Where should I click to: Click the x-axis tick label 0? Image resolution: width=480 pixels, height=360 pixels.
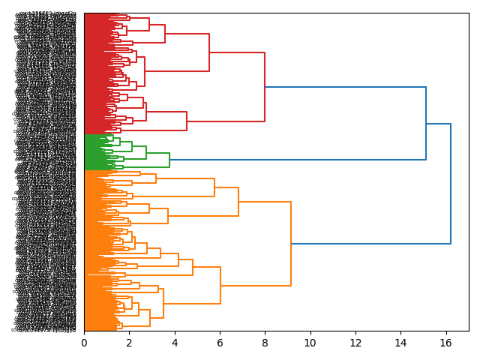click(84, 343)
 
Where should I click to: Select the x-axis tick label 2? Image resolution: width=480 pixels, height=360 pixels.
click(129, 343)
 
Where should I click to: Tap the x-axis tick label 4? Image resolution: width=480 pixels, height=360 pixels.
click(175, 343)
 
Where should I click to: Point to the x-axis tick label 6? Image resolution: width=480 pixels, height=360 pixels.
click(220, 343)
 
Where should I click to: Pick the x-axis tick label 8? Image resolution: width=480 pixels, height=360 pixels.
click(265, 343)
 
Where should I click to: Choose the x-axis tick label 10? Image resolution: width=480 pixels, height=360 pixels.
click(310, 343)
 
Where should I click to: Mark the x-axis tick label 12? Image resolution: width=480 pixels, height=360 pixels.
click(355, 343)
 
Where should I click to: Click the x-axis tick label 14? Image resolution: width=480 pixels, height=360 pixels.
click(400, 343)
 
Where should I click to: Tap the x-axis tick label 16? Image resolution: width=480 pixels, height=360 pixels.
click(445, 343)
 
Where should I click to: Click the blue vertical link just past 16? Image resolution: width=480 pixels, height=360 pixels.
click(451, 184)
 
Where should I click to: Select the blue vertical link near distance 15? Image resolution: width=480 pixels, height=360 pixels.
click(426, 124)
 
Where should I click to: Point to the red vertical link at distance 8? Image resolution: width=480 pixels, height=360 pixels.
click(265, 87)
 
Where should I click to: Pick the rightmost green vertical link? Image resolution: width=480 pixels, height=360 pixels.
click(169, 160)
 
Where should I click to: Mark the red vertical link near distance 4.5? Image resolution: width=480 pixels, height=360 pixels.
click(187, 121)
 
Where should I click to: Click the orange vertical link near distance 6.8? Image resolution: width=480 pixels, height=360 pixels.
click(238, 202)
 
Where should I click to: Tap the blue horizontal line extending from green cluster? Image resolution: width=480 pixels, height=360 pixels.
click(300, 160)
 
